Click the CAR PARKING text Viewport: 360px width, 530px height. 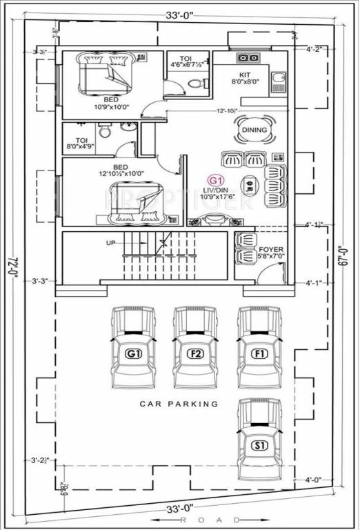coord(179,404)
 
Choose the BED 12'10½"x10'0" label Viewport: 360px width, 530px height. coord(119,171)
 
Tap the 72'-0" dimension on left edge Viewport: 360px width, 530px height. coord(12,266)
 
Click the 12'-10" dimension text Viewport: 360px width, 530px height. coord(227,110)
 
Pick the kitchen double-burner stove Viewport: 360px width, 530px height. coord(249,58)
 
